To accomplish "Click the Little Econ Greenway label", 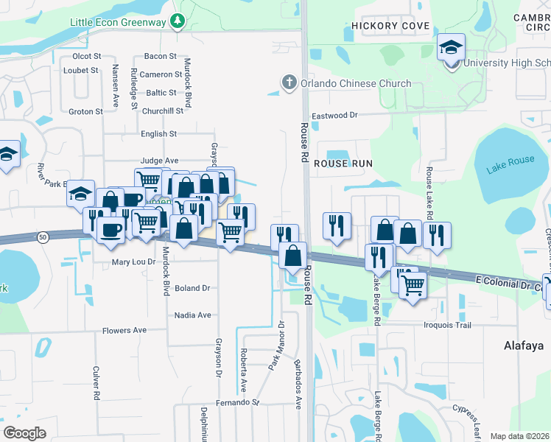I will pyautogui.click(x=117, y=22).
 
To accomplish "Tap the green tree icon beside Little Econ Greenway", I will pyautogui.click(x=176, y=22).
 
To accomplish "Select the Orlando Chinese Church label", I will pyautogui.click(x=357, y=83).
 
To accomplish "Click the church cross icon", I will pyautogui.click(x=290, y=83).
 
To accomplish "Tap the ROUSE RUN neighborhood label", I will pyautogui.click(x=343, y=163).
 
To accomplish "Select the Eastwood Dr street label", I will pyautogui.click(x=334, y=116).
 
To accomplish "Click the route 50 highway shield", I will pyautogui.click(x=43, y=236).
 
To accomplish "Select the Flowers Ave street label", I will pyautogui.click(x=124, y=331).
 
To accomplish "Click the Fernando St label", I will pyautogui.click(x=238, y=403).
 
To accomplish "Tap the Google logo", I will pyautogui.click(x=25, y=433).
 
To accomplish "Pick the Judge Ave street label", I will pyautogui.click(x=159, y=160).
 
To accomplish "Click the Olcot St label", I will pyautogui.click(x=86, y=56).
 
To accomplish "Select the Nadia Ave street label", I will pyautogui.click(x=192, y=315).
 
